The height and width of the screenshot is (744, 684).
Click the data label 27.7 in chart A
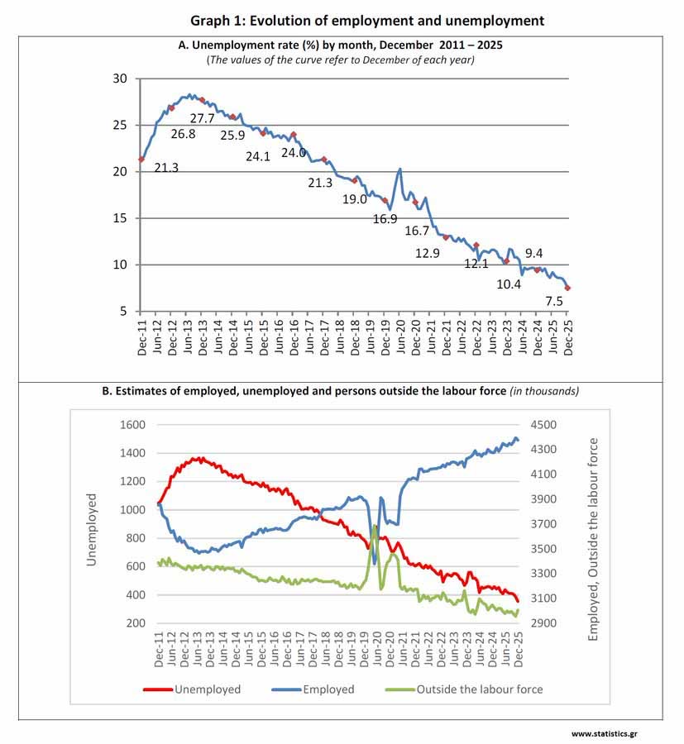pos(203,119)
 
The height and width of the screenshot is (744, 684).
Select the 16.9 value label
pos(385,219)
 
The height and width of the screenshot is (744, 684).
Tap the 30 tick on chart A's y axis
pos(121,79)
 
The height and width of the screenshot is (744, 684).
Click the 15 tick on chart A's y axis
pos(121,218)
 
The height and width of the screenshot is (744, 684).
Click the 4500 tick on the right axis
pos(548,425)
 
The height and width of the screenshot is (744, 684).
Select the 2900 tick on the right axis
pos(548,622)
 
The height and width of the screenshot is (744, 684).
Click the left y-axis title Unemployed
pos(92,530)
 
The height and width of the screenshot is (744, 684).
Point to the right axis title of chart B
pos(593,539)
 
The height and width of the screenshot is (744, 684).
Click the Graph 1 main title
pos(367,20)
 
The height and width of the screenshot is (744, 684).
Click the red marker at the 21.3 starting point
pos(141,160)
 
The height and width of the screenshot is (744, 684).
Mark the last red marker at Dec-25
pos(568,288)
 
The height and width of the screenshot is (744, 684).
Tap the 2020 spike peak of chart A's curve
pos(400,169)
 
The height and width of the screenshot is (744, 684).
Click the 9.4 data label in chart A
pos(534,253)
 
